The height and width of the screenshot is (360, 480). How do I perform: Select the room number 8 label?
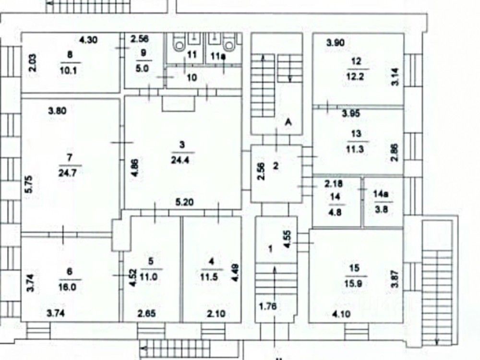tap(70, 55)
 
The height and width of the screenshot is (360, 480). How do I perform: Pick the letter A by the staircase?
tap(288, 123)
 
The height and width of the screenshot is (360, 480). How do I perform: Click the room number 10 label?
tap(192, 77)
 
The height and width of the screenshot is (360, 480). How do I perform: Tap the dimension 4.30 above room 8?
tap(88, 40)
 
